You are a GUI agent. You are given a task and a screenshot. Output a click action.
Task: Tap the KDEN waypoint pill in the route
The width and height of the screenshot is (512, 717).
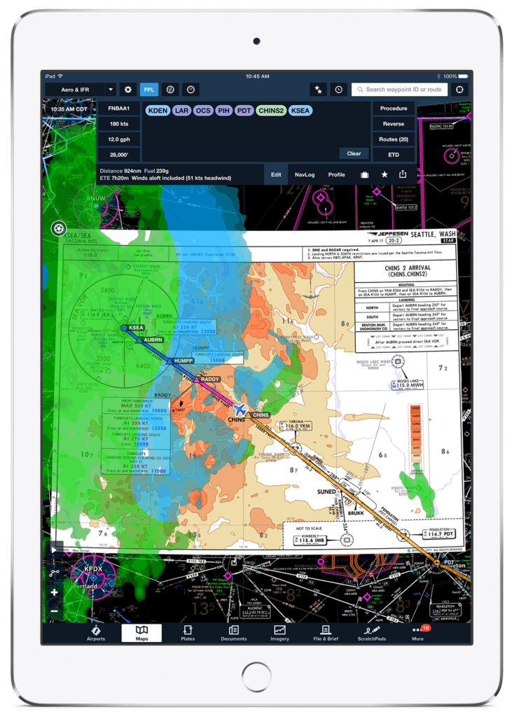tap(158, 110)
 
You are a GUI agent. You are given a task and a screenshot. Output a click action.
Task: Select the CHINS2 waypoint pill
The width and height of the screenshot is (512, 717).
tap(270, 110)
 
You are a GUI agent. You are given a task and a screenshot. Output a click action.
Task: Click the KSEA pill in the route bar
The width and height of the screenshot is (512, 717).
tap(300, 110)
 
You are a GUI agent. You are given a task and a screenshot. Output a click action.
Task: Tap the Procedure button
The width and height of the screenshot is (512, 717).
tap(394, 109)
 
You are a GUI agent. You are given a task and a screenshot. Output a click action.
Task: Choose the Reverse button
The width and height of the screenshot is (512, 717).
tap(394, 124)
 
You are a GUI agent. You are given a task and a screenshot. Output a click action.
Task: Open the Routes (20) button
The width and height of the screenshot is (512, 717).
tap(394, 139)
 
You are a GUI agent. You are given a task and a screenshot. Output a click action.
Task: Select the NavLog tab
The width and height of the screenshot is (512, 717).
tap(305, 174)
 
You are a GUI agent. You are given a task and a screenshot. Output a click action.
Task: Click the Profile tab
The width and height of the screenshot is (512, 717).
tap(337, 174)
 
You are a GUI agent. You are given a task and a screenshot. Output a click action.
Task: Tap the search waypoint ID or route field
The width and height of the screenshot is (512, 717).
tap(399, 90)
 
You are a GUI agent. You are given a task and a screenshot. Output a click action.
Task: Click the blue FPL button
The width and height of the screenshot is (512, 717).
tap(149, 90)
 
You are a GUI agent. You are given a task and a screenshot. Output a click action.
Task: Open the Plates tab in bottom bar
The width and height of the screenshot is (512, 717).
tap(188, 633)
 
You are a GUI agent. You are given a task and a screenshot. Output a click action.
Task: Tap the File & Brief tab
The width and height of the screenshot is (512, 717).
tap(325, 633)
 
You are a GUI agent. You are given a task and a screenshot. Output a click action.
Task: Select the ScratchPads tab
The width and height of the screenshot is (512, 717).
tap(371, 633)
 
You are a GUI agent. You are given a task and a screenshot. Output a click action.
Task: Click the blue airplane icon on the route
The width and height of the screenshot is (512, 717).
tap(240, 409)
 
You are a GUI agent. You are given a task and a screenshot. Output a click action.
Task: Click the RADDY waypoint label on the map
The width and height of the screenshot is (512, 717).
tap(209, 379)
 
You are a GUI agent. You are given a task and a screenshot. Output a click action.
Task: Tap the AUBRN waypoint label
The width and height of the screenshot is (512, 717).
tap(153, 340)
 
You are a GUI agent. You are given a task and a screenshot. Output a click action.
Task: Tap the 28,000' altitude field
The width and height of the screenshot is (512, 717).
tap(118, 155)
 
